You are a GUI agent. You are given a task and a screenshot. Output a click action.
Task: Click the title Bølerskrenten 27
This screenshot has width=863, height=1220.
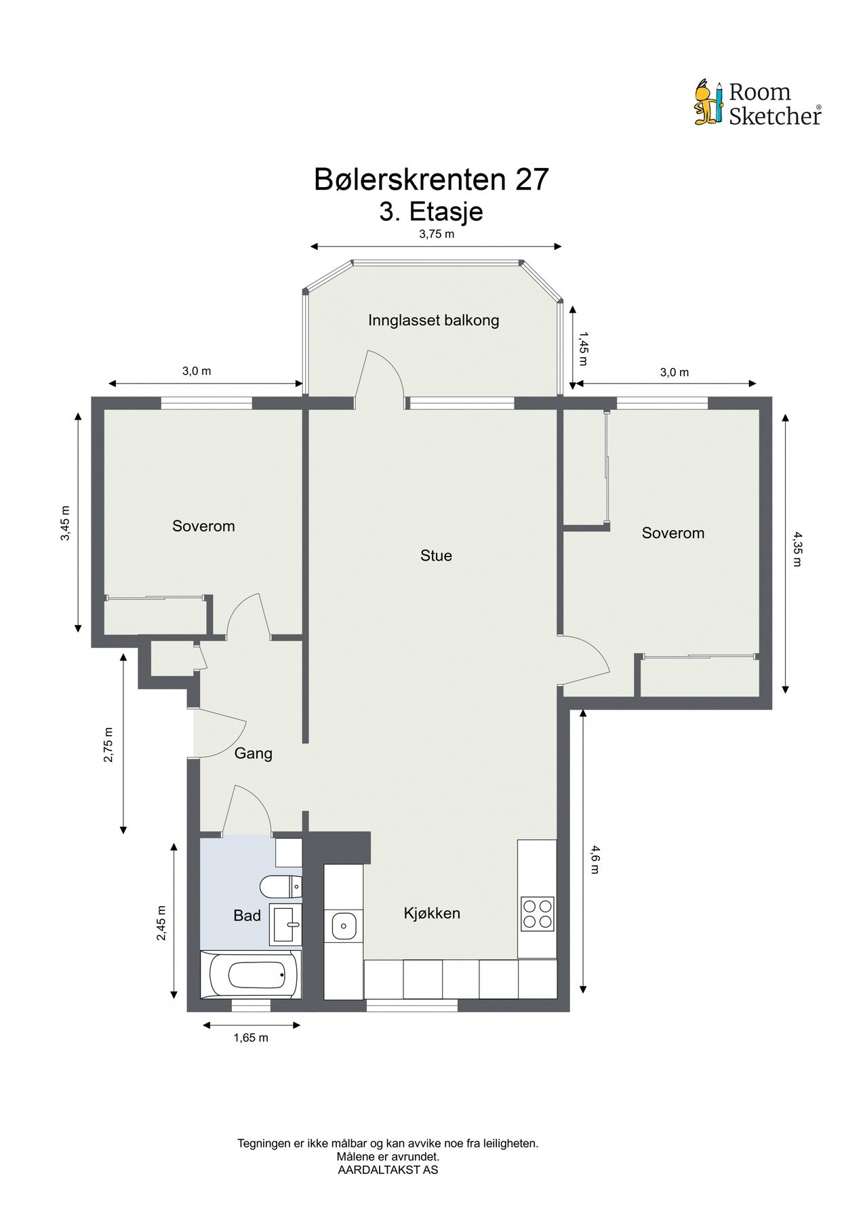(x=431, y=180)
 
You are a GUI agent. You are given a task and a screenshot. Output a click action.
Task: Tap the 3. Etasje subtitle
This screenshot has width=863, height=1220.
(x=431, y=211)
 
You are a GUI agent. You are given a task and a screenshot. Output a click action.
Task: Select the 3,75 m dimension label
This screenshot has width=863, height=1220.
(x=436, y=235)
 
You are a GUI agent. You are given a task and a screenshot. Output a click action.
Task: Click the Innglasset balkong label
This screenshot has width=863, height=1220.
(x=433, y=321)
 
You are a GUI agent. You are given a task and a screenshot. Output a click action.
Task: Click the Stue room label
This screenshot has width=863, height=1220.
(x=436, y=556)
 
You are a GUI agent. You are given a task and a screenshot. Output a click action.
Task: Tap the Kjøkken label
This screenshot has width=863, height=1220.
(x=432, y=913)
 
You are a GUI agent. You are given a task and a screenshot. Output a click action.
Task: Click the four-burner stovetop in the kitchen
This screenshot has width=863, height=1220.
(x=537, y=913)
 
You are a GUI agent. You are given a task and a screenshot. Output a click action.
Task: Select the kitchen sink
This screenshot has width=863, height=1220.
(x=344, y=924)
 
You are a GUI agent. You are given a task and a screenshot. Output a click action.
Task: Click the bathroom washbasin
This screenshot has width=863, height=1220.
(x=286, y=924)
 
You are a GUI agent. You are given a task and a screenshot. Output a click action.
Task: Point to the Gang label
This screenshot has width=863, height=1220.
(x=254, y=753)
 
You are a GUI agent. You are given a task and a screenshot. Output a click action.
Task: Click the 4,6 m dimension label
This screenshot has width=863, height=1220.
(x=595, y=859)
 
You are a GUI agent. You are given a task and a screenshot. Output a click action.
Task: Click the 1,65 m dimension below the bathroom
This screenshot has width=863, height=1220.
(x=251, y=1038)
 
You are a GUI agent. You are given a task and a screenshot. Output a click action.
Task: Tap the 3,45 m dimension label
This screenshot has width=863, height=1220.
(x=65, y=523)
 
